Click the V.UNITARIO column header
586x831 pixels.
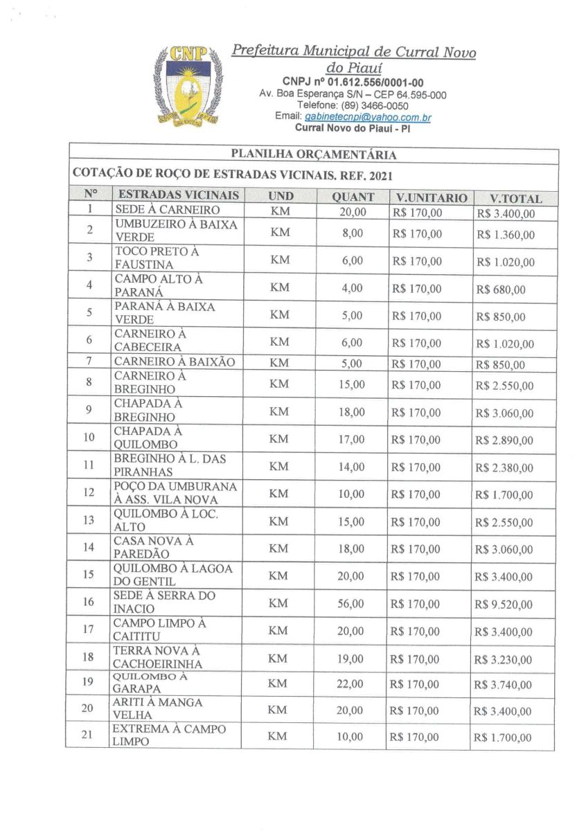point(427,197)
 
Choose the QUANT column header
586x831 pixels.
point(353,197)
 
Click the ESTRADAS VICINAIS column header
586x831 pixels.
point(179,195)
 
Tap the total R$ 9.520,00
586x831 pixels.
point(504,605)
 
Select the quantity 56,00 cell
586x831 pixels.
point(351,603)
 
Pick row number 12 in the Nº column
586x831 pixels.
point(89,493)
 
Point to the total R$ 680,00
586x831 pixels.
point(499,289)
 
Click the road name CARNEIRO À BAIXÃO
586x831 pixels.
point(175,361)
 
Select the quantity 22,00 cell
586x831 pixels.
point(351,683)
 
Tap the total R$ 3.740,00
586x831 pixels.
point(504,685)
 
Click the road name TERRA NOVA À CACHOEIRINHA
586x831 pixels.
point(158,656)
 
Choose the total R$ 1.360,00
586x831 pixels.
point(505,235)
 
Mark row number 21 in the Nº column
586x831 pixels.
point(88,735)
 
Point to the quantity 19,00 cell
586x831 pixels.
point(351,658)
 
